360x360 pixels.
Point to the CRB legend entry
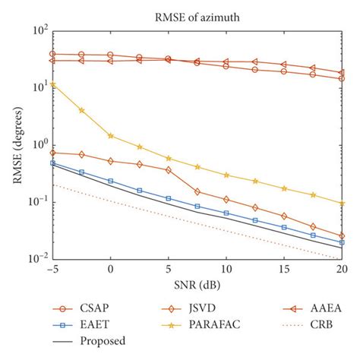[301, 325]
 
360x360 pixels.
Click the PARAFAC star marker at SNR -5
[52, 85]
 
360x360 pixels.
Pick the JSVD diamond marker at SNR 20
[342, 236]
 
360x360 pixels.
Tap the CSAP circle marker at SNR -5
[52, 54]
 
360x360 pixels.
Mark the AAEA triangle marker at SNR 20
[342, 73]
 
